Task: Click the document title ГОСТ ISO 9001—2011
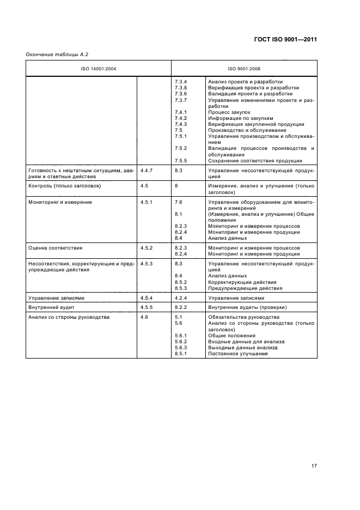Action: pyautogui.click(x=285, y=40)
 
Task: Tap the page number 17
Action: pyautogui.click(x=314, y=466)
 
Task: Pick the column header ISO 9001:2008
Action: pyautogui.click(x=243, y=69)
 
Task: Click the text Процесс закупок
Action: pyautogui.click(x=227, y=112)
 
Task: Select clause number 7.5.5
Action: pyautogui.click(x=181, y=160)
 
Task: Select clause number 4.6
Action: pyautogui.click(x=144, y=317)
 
